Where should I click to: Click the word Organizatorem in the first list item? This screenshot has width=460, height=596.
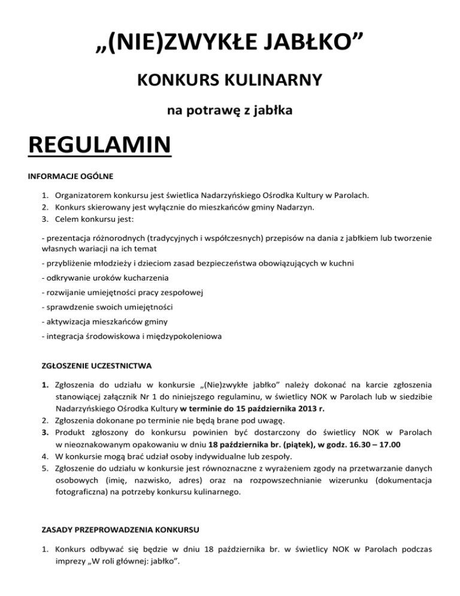pyautogui.click(x=81, y=195)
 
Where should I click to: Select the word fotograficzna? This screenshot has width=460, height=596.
pyautogui.click(x=80, y=492)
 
